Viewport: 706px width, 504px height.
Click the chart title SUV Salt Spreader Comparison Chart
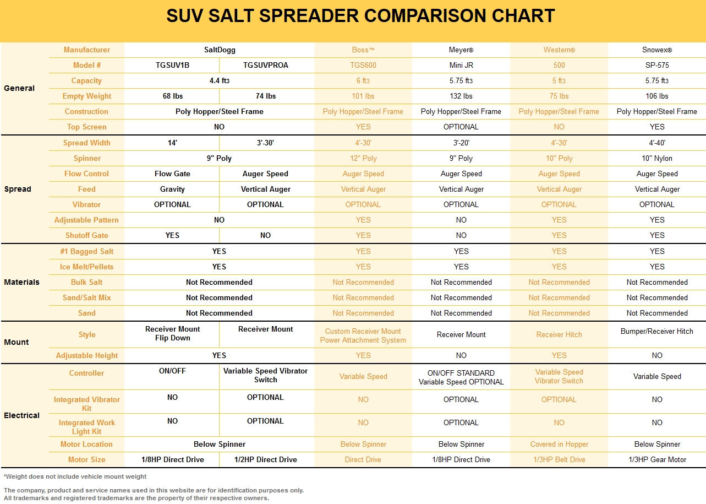point(360,16)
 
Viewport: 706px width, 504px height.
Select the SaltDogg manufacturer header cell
point(220,50)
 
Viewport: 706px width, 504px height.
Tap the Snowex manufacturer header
point(657,50)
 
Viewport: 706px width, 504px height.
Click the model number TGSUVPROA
point(266,66)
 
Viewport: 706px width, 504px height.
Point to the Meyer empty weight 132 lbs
point(461,96)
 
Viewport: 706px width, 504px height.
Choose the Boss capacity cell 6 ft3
point(363,81)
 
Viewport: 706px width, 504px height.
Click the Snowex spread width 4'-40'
point(657,143)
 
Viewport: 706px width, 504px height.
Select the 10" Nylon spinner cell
point(657,159)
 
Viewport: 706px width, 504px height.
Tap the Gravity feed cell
point(172,189)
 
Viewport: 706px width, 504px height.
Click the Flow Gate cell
point(172,174)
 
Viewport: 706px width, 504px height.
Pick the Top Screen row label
point(87,127)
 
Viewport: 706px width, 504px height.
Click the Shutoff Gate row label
point(87,236)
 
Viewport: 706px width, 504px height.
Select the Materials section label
point(22,283)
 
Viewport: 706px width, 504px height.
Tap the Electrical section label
point(22,416)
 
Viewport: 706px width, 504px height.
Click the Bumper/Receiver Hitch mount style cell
point(657,332)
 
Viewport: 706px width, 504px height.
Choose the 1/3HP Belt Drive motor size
point(559,460)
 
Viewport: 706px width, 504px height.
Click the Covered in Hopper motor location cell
point(559,445)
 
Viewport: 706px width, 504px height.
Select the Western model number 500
point(559,66)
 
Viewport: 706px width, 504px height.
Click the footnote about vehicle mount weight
point(75,476)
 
